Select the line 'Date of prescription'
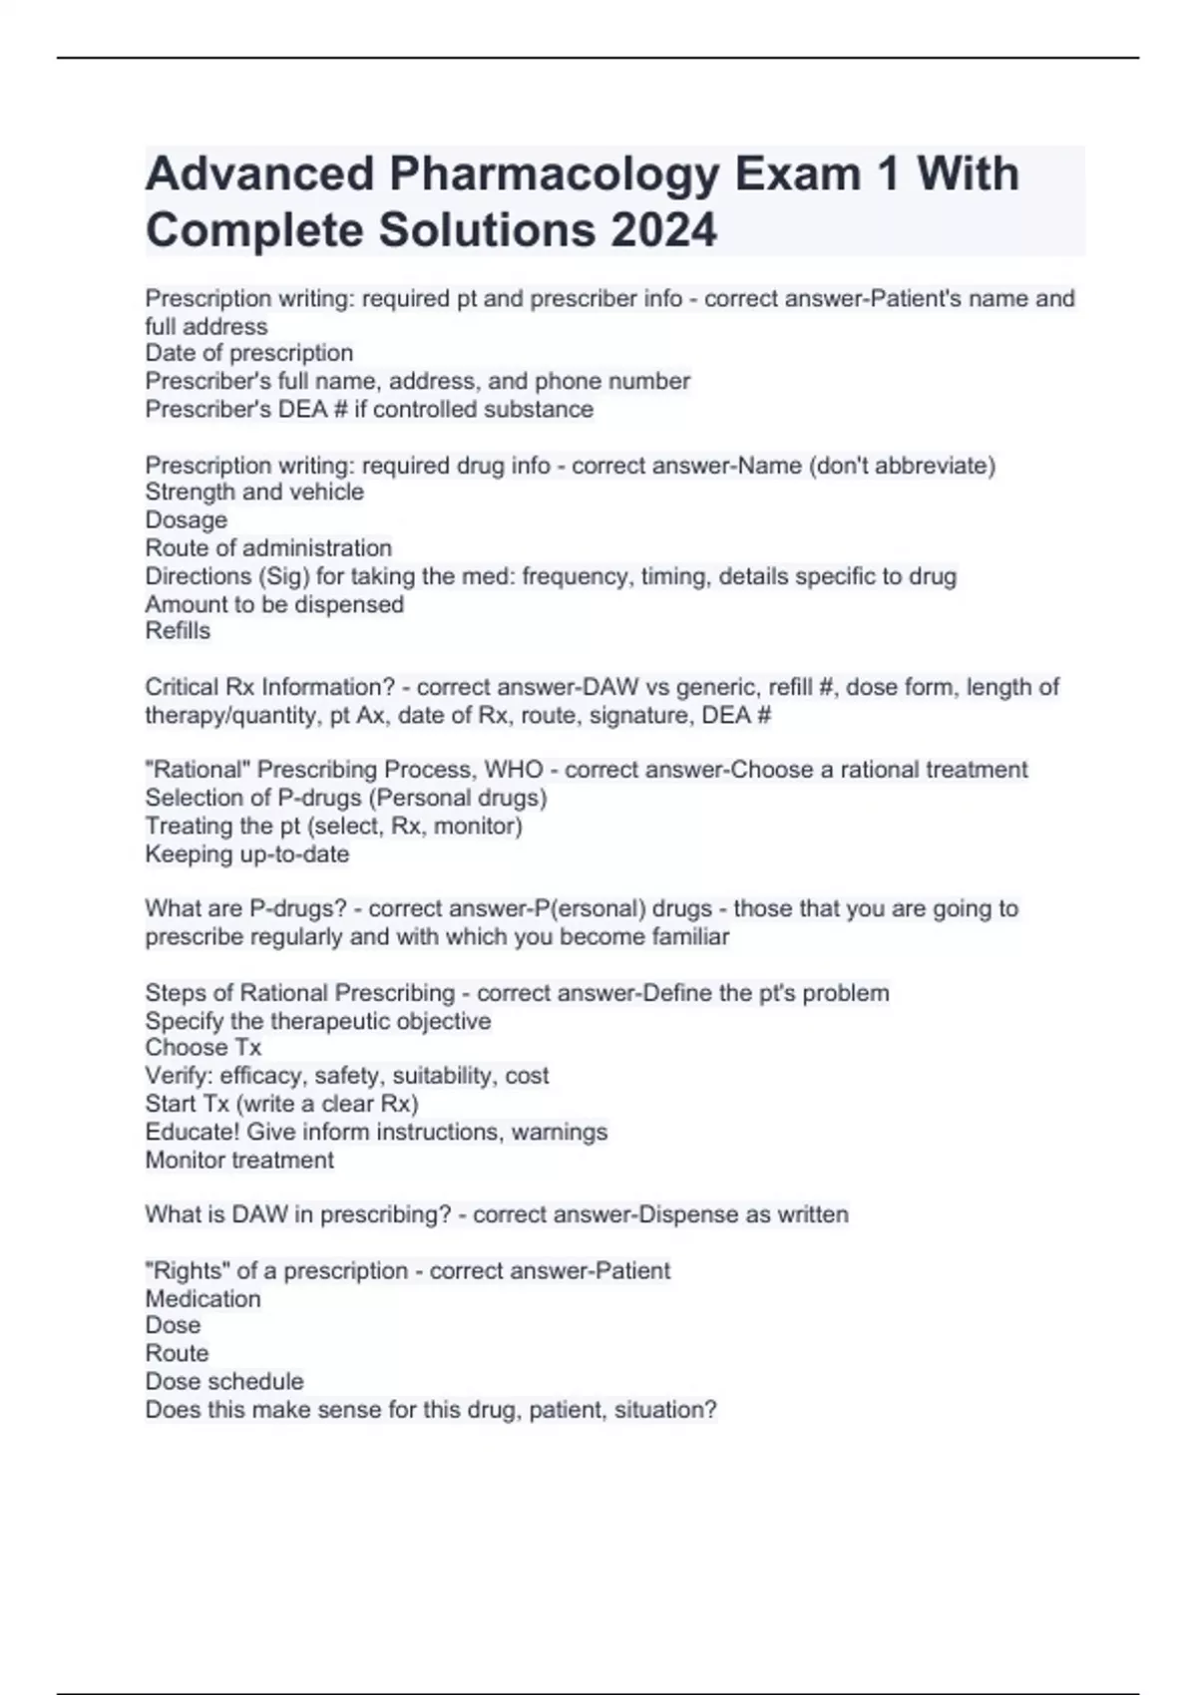249,353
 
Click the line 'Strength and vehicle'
254,492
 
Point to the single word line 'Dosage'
187,519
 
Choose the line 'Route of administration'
268,547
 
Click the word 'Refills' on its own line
178,630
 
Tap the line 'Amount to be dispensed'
274,604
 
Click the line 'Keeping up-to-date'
247,853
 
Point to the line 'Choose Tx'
203,1047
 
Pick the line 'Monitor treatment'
239,1160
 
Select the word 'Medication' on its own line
203,1298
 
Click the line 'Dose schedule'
224,1381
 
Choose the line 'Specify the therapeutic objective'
318,1021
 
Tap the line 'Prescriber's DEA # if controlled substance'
369,409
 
